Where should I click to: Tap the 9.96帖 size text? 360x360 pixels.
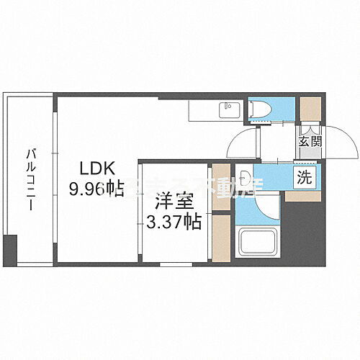click(95, 189)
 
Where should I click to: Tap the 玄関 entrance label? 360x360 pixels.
click(311, 142)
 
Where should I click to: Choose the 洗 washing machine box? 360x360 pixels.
click(305, 178)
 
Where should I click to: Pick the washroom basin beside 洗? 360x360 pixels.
click(247, 176)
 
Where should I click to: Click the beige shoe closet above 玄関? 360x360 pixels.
click(310, 109)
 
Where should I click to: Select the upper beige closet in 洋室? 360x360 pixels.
click(221, 189)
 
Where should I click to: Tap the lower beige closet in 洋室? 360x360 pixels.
click(221, 238)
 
